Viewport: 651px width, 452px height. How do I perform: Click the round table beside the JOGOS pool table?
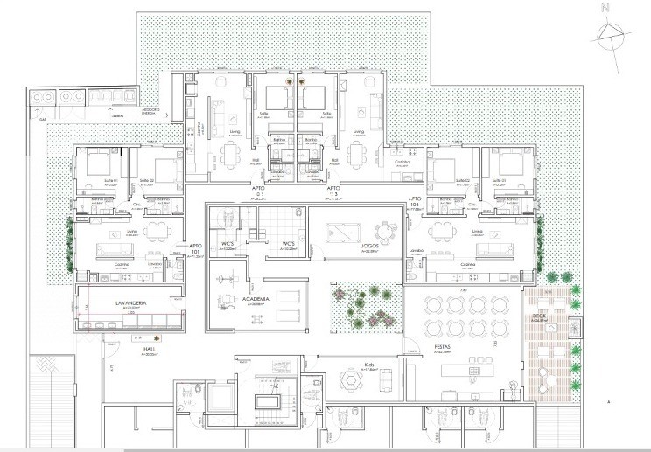pos(383,233)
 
